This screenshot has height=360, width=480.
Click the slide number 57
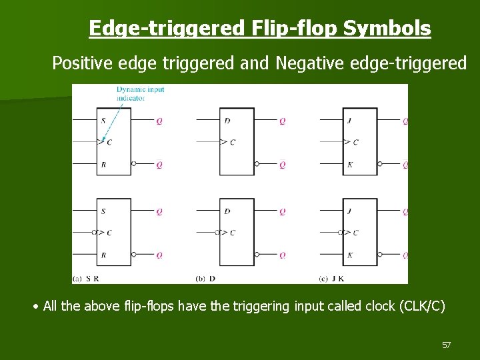[447, 345]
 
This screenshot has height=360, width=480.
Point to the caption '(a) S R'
[87, 277]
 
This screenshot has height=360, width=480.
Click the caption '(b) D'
[205, 277]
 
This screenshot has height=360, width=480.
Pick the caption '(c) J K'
[331, 277]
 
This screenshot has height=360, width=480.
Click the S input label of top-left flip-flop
[103, 121]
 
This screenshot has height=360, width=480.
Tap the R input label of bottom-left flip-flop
[103, 255]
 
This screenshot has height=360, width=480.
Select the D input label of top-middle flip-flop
[227, 121]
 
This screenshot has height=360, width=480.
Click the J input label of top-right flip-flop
[349, 121]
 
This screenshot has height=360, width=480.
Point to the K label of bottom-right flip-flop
[350, 255]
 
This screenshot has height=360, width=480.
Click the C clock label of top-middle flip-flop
[233, 142]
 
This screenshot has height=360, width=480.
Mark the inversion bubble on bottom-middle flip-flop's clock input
[217, 233]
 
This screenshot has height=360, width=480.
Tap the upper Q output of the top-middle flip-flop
[283, 121]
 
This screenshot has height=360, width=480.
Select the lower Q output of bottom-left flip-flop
[159, 255]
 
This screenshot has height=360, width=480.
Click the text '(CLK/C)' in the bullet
[418, 307]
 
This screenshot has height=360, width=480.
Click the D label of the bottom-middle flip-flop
[227, 211]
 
